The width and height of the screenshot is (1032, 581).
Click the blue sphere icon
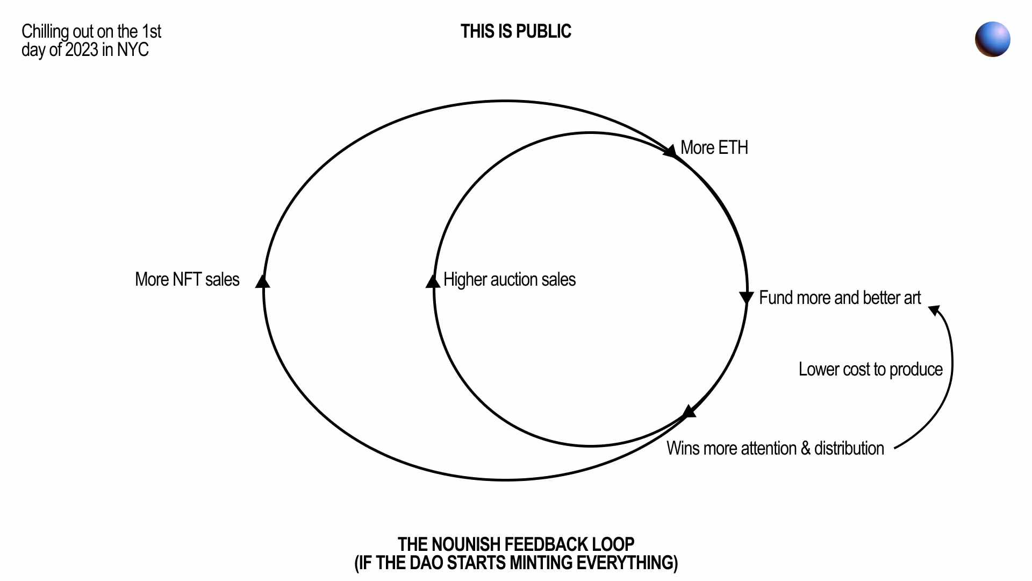pos(992,39)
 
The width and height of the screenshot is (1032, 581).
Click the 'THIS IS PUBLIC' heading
pos(515,32)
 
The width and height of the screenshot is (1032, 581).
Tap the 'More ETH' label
pos(714,148)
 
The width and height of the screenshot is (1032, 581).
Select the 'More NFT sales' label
pos(187,280)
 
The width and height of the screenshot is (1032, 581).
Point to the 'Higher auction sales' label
pos(509,280)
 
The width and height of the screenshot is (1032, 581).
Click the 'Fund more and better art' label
pos(840,298)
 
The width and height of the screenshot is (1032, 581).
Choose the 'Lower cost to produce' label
pos(870,370)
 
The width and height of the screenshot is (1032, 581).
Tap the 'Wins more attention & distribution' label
pos(775,449)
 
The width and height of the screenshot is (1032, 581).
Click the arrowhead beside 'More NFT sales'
pos(263,281)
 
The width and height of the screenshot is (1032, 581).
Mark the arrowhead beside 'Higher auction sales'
pos(433,281)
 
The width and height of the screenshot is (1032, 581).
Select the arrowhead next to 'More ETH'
pos(670,151)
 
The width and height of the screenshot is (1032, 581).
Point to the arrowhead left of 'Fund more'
pos(747,297)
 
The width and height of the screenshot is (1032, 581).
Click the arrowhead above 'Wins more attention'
pos(689,412)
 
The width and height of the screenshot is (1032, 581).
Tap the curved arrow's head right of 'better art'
pos(935,310)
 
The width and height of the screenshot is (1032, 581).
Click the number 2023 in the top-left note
pos(82,50)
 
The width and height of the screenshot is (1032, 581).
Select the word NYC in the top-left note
pos(133,50)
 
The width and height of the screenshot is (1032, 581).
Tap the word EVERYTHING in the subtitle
pos(625,563)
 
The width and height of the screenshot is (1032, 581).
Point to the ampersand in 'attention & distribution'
pos(805,449)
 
